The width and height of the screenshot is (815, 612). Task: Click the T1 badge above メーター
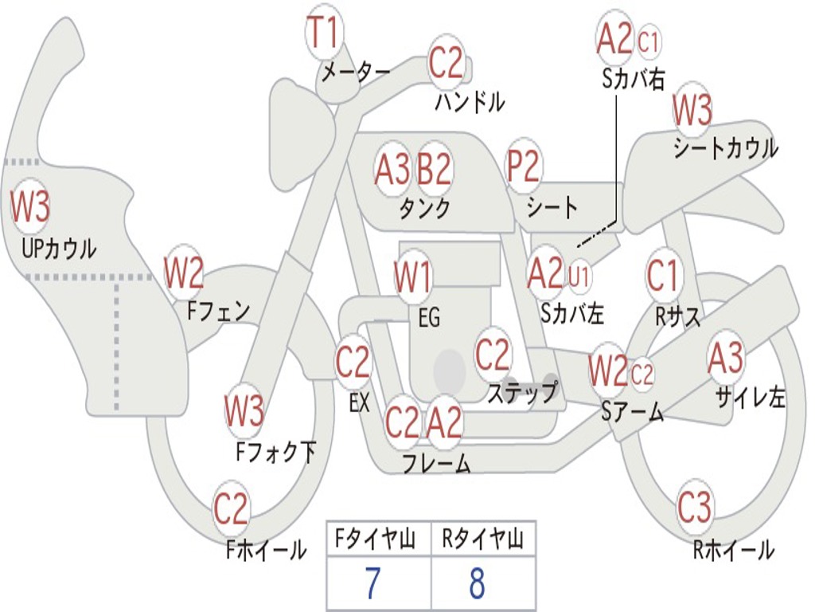324,33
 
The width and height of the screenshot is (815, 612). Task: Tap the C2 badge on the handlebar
446,62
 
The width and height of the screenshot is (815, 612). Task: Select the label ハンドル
470,101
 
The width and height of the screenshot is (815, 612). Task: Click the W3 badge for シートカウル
692,112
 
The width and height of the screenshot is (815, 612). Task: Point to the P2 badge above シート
524,167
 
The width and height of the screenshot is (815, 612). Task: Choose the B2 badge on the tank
435,169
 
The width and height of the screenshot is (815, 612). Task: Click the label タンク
424,209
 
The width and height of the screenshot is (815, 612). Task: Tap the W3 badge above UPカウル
30,207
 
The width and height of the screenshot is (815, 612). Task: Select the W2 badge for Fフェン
184,273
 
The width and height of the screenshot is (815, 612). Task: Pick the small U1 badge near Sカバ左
579,276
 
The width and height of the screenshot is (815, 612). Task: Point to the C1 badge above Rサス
663,276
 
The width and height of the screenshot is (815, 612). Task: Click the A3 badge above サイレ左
726,358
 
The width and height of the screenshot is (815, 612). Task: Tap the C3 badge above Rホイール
695,507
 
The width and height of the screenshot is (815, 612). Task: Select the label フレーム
435,463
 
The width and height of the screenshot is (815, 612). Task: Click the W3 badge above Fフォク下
244,412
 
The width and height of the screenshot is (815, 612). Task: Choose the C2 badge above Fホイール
232,508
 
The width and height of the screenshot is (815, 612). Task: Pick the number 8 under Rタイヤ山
478,585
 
